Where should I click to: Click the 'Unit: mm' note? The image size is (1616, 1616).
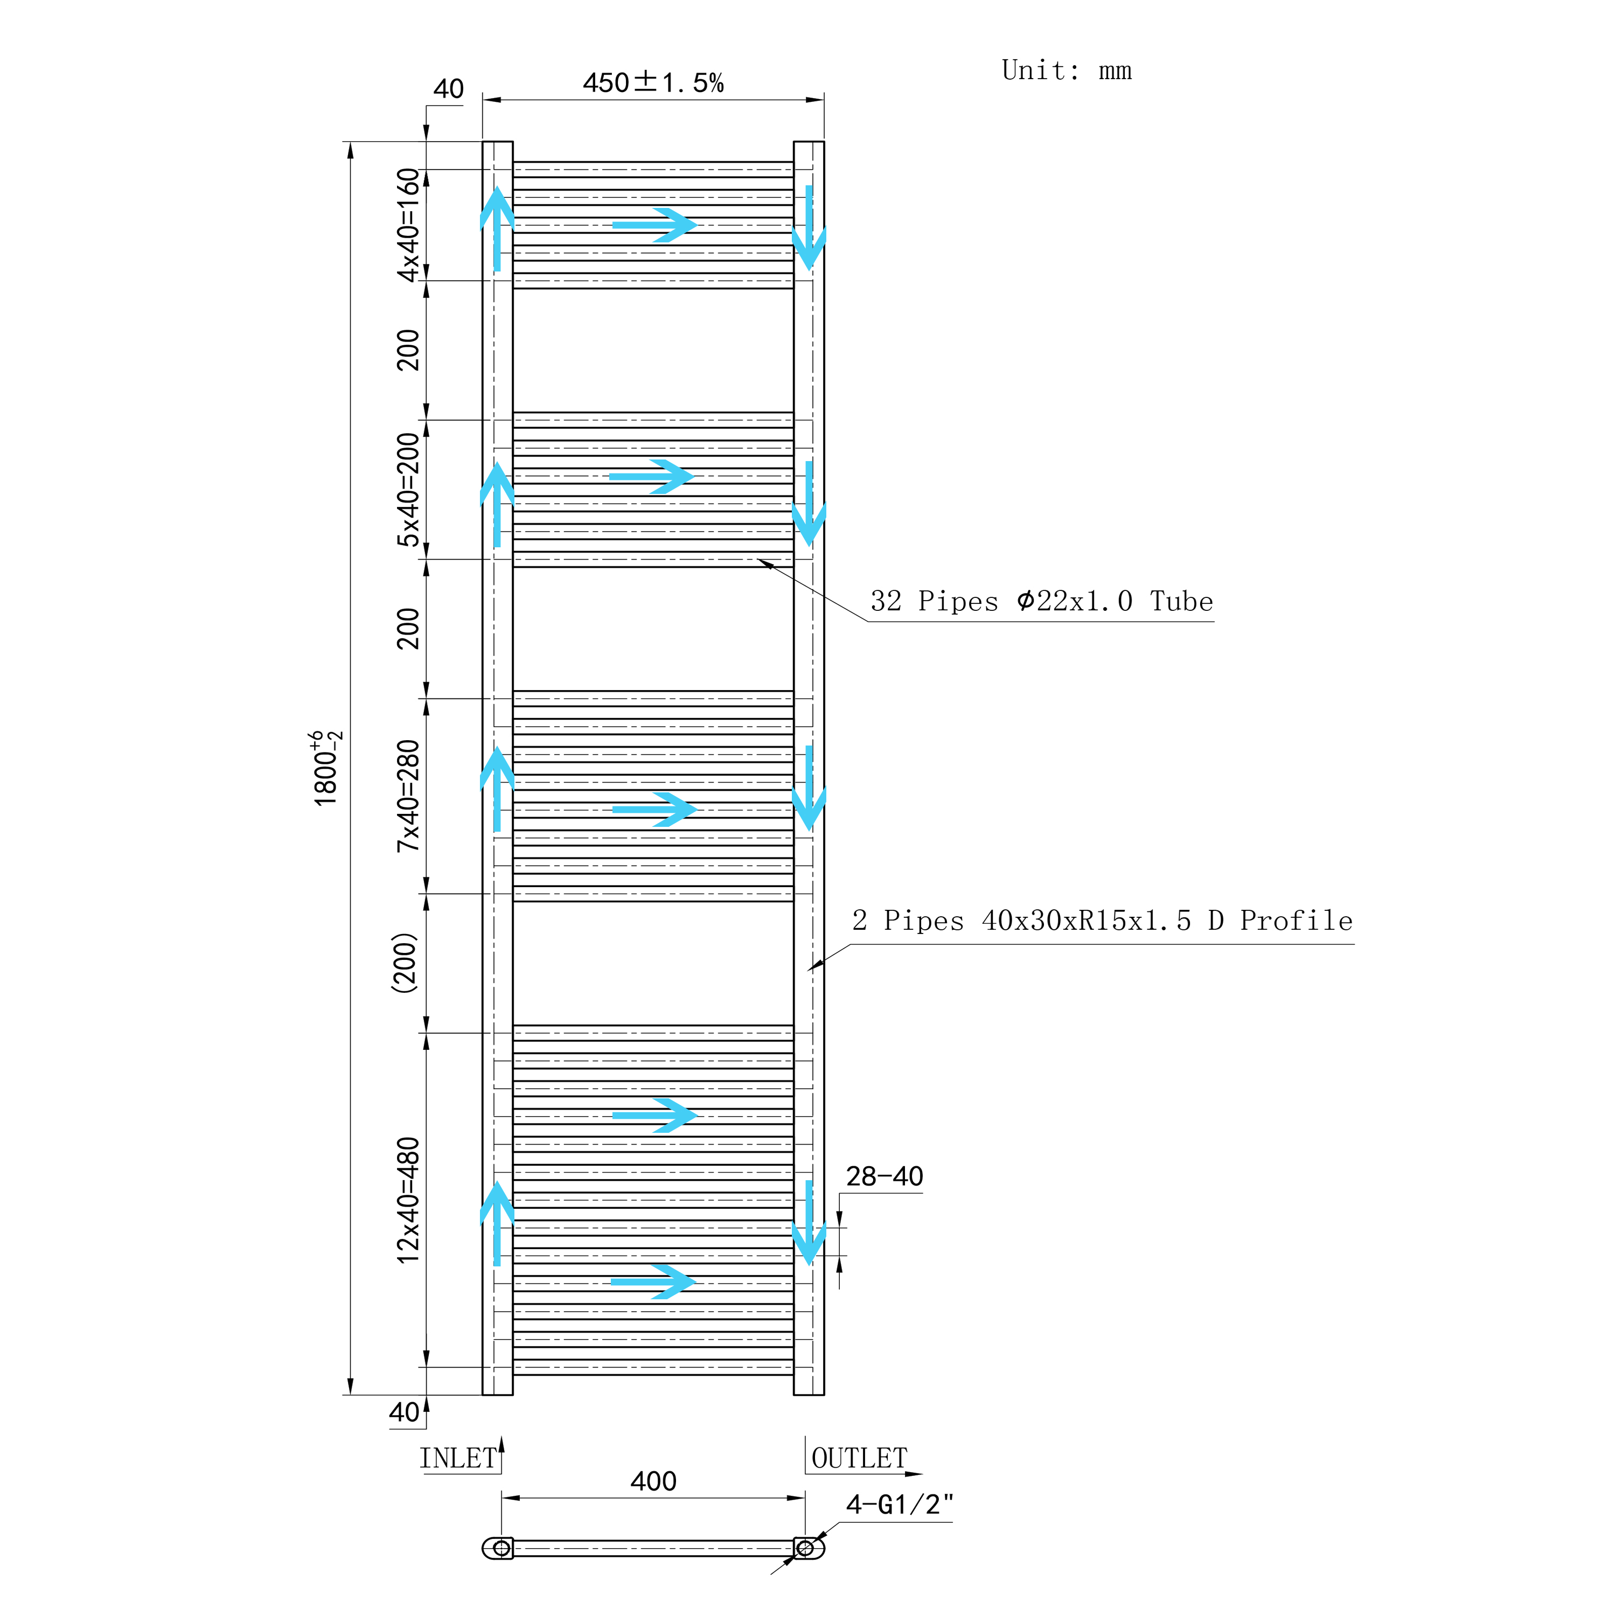[x=1067, y=70]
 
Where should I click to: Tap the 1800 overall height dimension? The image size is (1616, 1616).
[x=326, y=768]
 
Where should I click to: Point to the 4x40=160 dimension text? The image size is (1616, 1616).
[x=407, y=225]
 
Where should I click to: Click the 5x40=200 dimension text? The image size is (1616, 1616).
[x=407, y=489]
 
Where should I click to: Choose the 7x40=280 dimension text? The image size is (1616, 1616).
[x=407, y=796]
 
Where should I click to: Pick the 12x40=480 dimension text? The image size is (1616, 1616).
[x=407, y=1200]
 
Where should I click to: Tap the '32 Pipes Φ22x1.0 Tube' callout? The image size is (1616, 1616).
[x=1041, y=601]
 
